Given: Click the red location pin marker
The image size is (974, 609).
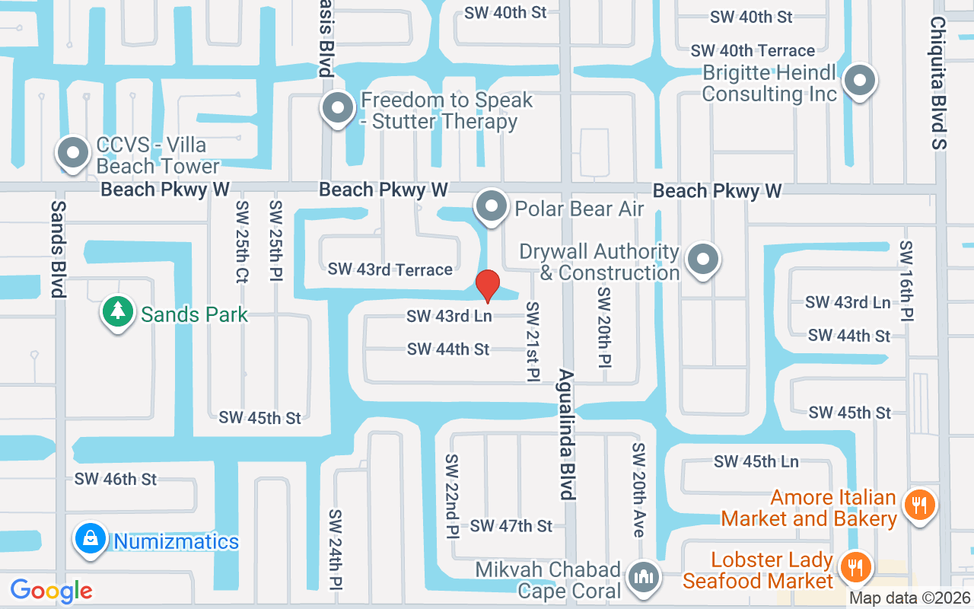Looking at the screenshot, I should (488, 285).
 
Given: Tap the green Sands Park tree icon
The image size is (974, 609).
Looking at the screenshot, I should (117, 313).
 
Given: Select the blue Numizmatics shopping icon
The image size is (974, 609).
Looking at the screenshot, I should (91, 540).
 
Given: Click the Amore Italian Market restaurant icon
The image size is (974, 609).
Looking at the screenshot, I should (919, 505).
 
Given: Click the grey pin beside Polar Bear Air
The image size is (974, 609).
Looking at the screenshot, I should (492, 207).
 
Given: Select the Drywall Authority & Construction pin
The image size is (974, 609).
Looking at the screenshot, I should (703, 260).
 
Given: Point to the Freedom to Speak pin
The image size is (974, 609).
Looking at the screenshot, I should (337, 109).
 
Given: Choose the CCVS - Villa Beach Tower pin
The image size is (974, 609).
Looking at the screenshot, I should (74, 153).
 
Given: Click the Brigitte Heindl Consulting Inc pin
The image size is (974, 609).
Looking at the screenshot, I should (861, 80).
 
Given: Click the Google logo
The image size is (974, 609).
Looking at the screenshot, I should (52, 590).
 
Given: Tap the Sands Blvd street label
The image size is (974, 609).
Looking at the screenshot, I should (58, 249).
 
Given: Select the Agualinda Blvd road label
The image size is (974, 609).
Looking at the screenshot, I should (566, 434).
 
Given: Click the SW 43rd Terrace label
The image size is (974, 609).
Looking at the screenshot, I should (390, 269).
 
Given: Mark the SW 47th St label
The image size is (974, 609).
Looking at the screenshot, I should (511, 526).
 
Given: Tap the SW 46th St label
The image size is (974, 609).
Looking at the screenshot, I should (116, 479).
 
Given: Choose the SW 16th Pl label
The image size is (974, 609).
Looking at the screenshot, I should (906, 281).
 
